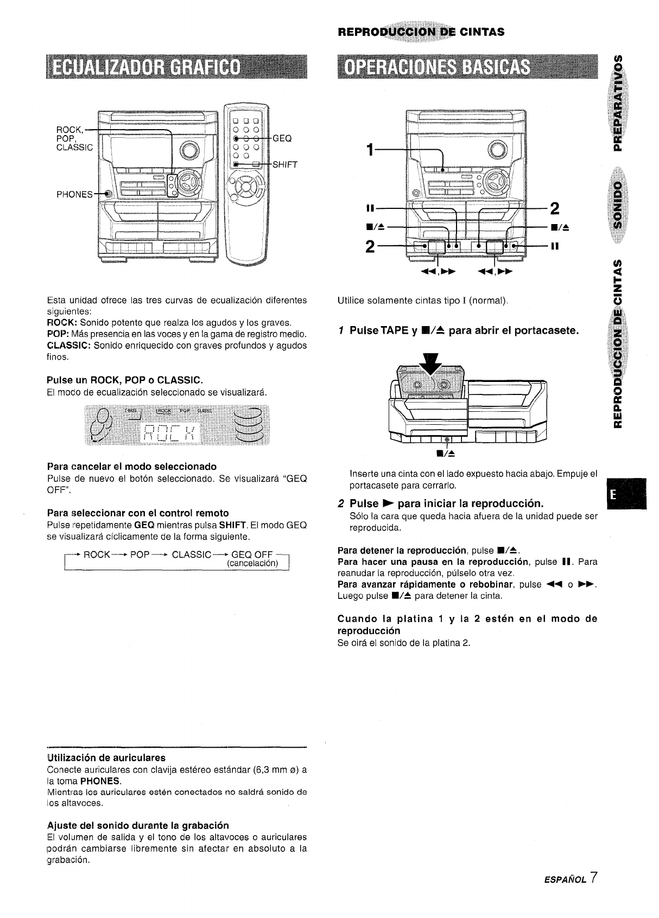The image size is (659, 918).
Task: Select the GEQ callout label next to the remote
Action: [282, 138]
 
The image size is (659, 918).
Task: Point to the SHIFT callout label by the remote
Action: [284, 165]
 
